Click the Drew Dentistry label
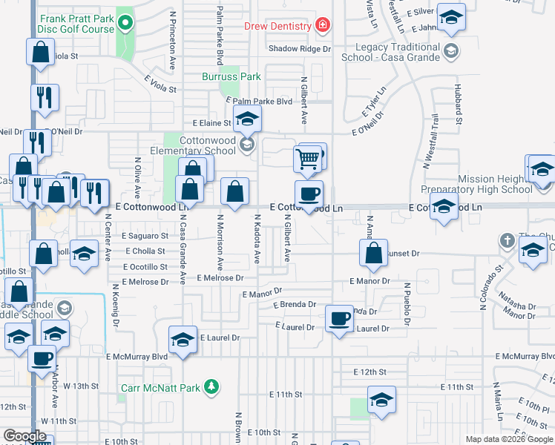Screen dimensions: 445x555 pos(278,26)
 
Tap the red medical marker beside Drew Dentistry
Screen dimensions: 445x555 pos(322,26)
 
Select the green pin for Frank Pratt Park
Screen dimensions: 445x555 pos(125,23)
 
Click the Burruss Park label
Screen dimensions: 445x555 pos(231,76)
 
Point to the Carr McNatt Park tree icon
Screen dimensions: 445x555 pos(212,386)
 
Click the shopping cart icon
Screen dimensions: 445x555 pos(307,156)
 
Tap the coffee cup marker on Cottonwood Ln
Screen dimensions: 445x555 pos(309,194)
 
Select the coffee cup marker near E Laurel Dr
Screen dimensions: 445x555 pos(340,318)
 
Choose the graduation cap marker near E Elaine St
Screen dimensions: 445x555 pos(248,118)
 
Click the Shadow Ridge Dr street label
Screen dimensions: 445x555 pos(299,49)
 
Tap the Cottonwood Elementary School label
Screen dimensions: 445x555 pos(200,145)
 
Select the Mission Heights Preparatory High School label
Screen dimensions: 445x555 pos(496,184)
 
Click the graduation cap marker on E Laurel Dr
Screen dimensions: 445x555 pos(183,340)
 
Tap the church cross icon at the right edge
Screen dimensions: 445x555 pos(507,241)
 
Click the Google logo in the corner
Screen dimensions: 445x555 pos(24,436)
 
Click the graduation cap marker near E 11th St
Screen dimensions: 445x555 pos(381,401)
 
